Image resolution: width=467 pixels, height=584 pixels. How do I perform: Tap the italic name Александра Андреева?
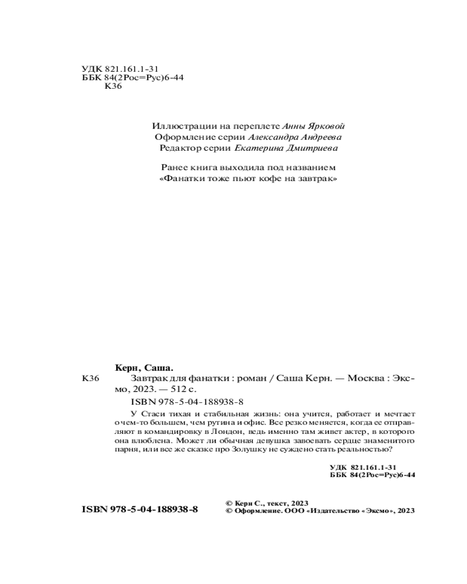(296, 137)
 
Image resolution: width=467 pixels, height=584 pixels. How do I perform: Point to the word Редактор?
(179, 148)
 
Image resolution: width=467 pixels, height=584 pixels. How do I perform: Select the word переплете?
(257, 126)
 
